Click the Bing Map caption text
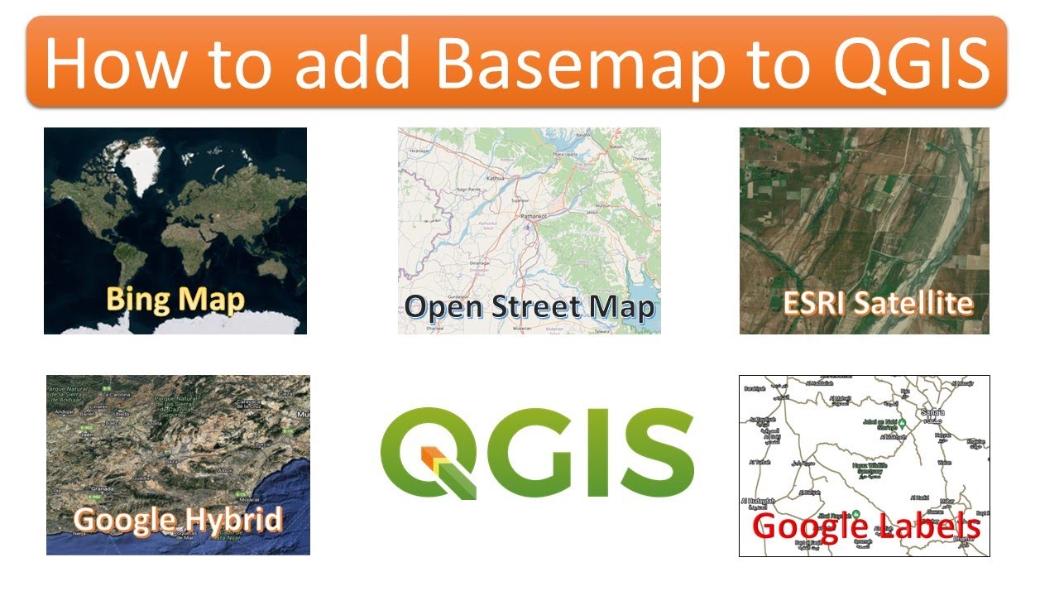(x=175, y=298)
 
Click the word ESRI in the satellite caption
(x=816, y=303)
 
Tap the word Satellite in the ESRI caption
(x=913, y=303)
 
